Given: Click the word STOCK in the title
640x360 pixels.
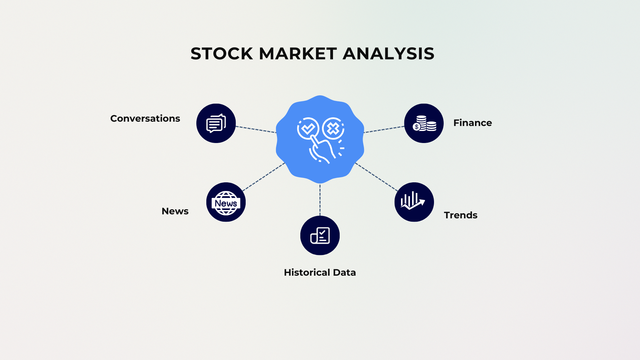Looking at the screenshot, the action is (x=222, y=54).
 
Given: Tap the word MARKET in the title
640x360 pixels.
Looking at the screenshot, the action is (x=298, y=54).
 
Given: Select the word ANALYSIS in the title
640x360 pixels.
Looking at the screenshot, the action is (x=388, y=54).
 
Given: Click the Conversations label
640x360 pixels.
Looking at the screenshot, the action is (x=145, y=119).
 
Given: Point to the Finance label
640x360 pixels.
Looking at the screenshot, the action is (x=472, y=123).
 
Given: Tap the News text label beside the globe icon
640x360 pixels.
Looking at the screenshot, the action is (x=175, y=211).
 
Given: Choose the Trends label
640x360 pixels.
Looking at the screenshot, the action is (x=460, y=215).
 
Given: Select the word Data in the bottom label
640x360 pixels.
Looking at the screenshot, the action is (x=344, y=273).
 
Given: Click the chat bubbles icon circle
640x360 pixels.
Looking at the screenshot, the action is (x=216, y=123).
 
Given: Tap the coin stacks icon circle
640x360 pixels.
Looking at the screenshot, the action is (x=424, y=123).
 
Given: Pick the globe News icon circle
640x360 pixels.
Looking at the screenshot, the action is (x=226, y=202).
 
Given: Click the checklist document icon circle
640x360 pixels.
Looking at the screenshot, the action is (x=320, y=235).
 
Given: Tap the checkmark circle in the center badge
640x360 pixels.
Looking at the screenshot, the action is (x=308, y=128).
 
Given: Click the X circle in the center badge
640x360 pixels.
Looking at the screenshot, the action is (x=333, y=128).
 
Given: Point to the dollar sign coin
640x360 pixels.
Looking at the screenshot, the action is (x=417, y=127).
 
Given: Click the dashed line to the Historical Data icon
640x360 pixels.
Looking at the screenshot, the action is (x=320, y=200).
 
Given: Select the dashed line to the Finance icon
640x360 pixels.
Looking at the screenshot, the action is (x=384, y=130).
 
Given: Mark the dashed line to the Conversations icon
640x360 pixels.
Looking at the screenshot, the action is (x=256, y=129).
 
